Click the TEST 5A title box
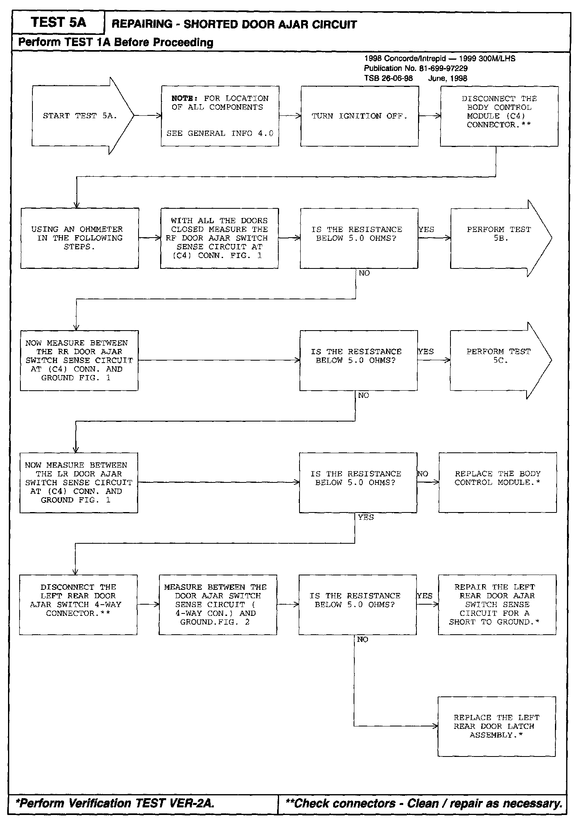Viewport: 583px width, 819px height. click(x=58, y=22)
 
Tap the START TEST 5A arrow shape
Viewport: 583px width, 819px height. click(x=80, y=116)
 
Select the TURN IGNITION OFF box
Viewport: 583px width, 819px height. click(x=360, y=116)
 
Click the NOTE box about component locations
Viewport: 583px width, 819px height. click(x=220, y=116)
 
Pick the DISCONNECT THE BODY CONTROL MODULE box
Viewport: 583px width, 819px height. click(x=499, y=116)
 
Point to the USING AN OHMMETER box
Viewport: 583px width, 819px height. click(x=80, y=238)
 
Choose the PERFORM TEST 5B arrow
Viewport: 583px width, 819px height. click(x=499, y=238)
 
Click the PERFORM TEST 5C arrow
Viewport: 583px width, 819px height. click(x=499, y=360)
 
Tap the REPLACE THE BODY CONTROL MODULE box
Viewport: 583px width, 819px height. click(x=497, y=482)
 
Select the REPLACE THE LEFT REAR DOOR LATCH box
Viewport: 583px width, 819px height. click(x=497, y=726)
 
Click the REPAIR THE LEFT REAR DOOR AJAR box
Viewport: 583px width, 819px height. click(x=497, y=605)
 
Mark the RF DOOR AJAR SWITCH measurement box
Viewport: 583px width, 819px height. click(x=219, y=238)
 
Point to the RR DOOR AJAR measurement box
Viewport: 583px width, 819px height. click(x=79, y=360)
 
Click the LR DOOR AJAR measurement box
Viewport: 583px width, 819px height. click(x=79, y=482)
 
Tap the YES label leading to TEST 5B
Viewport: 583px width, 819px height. click(x=426, y=230)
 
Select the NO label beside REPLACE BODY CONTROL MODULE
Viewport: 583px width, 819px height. click(x=423, y=474)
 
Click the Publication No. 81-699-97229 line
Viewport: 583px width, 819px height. click(x=416, y=69)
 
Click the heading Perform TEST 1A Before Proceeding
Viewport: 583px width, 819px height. click(x=116, y=42)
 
